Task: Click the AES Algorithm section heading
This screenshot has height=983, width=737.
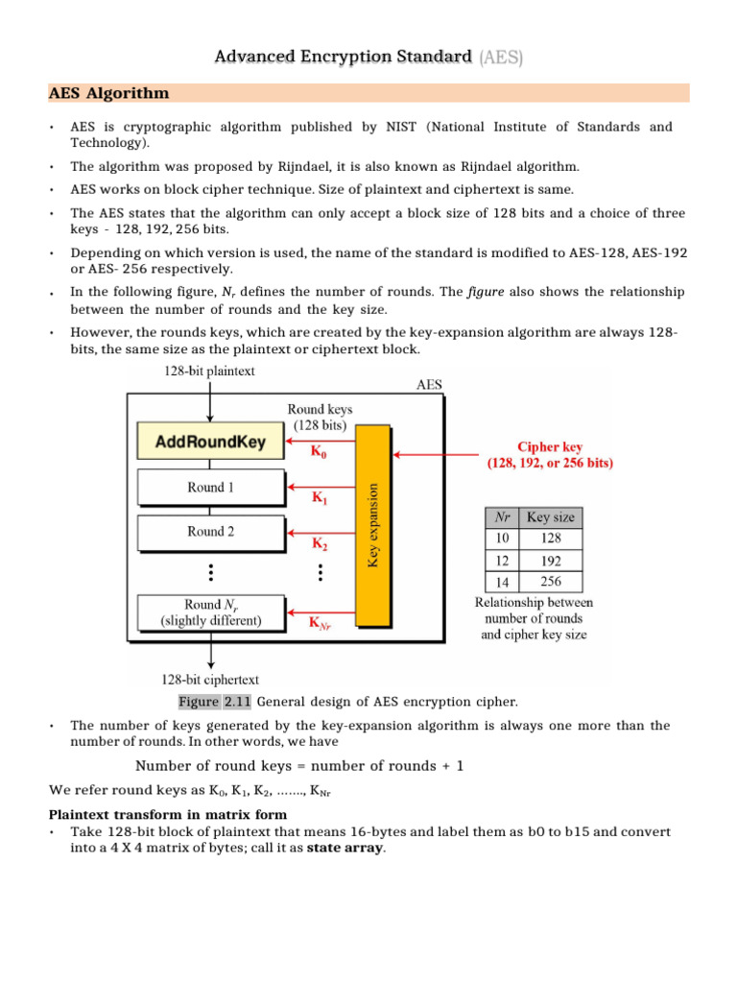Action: (x=108, y=93)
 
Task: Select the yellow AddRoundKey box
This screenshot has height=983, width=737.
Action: (x=210, y=443)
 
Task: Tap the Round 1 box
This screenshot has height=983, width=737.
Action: (x=210, y=488)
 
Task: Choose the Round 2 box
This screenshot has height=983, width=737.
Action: (x=210, y=531)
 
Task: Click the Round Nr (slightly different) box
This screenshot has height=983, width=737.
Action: (x=210, y=612)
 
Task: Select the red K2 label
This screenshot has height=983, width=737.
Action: (x=319, y=543)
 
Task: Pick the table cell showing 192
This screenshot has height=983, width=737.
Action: (x=551, y=560)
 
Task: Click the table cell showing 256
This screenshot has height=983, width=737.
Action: (x=551, y=581)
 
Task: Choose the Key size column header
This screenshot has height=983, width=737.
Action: (x=551, y=516)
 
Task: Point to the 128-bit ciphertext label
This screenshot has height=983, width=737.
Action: (x=209, y=680)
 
